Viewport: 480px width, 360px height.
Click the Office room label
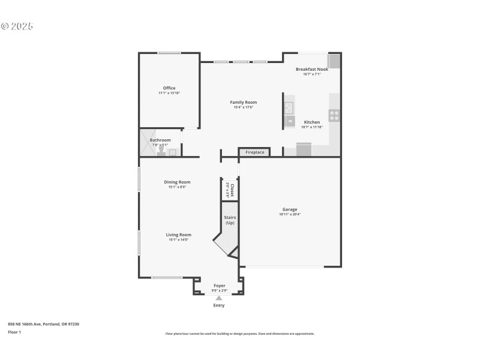pos(169,88)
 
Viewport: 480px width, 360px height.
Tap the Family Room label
pos(243,103)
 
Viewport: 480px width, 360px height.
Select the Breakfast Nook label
pos(312,69)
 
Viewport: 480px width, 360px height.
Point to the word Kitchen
pos(312,122)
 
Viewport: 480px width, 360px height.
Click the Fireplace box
pos(254,152)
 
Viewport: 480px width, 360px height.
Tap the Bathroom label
pos(160,140)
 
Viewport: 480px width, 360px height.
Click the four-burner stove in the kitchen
pos(334,115)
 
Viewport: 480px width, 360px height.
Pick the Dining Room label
pos(177,182)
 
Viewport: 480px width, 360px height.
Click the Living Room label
pos(178,235)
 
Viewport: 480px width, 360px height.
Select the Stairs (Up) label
pos(229,220)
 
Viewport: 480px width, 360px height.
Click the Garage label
pos(290,209)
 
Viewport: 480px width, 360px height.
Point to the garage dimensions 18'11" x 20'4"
pos(290,214)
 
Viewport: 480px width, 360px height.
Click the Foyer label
pos(220,286)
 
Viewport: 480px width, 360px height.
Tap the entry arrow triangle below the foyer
pos(219,298)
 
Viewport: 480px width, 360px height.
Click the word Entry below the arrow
pos(219,305)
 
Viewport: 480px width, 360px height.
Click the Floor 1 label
pos(14,332)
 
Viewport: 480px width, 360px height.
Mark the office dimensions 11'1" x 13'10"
pos(169,93)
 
